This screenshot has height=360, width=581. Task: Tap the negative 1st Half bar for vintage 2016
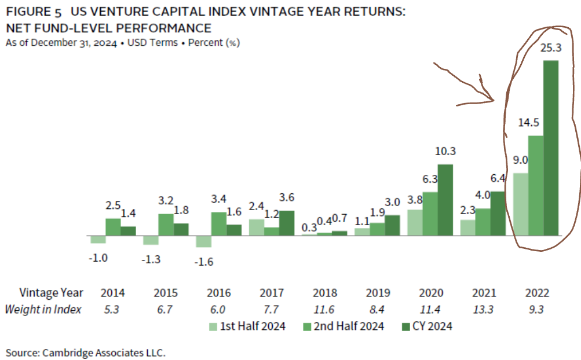pos(203,241)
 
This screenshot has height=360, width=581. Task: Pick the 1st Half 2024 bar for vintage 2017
pos(257,227)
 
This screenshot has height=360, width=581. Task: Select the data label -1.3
pos(152,260)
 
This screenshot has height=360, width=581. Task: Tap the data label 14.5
pos(529,123)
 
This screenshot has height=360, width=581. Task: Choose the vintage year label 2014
pos(112,293)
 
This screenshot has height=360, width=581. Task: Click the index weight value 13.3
pos(483,310)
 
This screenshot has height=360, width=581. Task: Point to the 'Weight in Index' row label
pos(43,310)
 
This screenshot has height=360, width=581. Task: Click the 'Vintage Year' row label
pos(52,293)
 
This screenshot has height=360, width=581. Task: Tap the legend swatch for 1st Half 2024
pos(214,326)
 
